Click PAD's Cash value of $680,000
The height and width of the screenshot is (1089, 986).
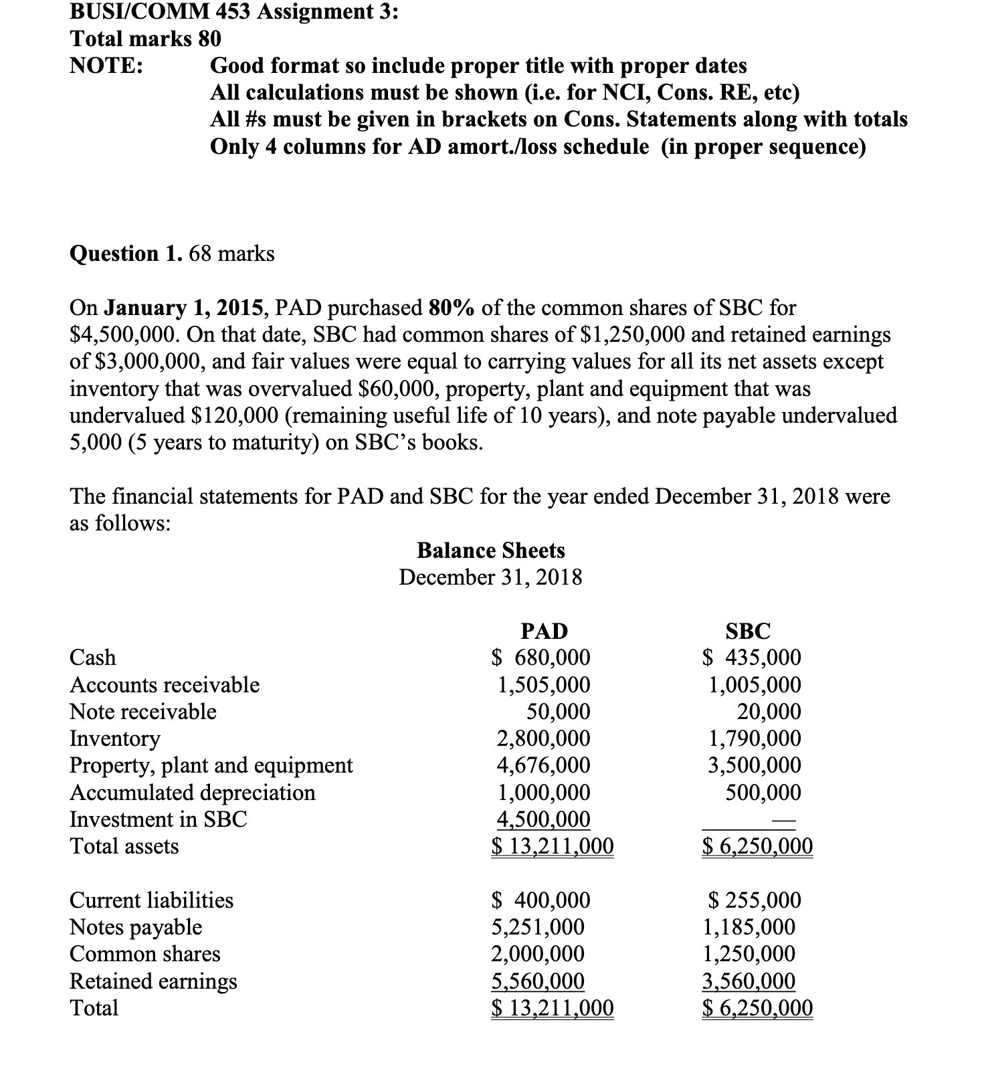[541, 658]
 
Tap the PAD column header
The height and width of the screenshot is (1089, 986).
[543, 631]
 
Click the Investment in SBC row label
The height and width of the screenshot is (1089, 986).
[159, 819]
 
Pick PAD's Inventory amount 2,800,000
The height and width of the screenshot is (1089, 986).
[543, 738]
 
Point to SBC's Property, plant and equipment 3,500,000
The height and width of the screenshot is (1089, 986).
[755, 765]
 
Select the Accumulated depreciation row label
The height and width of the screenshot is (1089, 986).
[193, 792]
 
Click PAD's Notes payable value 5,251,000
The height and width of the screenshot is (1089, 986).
[538, 926]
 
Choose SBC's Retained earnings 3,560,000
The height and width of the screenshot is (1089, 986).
[749, 981]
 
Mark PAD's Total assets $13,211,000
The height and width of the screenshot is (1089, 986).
[553, 846]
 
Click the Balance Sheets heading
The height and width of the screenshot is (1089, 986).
[490, 550]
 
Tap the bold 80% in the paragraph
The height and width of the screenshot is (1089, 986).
[452, 308]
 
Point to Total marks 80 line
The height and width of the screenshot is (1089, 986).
[145, 39]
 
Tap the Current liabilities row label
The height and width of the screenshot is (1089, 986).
[152, 900]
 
